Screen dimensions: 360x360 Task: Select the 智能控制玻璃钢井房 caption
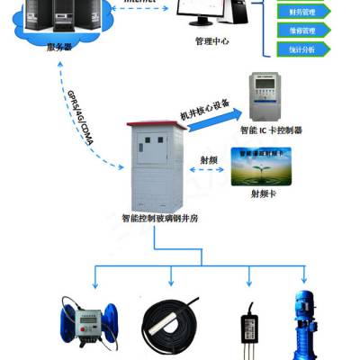tap(157, 217)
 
